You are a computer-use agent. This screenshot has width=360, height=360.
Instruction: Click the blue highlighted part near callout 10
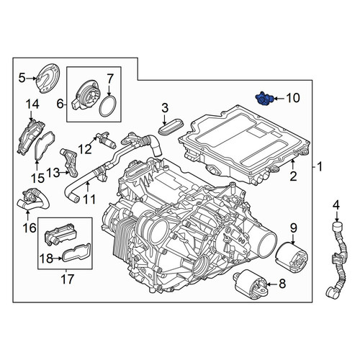pos(264,99)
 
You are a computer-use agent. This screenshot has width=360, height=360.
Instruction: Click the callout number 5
pos(22,78)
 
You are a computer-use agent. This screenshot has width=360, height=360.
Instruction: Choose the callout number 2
pos(293,176)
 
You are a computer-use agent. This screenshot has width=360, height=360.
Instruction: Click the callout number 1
pos(319,166)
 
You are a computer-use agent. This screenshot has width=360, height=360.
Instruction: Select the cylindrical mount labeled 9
pos(290,257)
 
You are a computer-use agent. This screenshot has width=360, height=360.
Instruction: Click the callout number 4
pos(336,205)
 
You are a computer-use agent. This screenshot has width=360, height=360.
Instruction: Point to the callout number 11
pos(89,199)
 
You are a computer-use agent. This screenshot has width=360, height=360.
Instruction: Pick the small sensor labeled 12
pos(107,141)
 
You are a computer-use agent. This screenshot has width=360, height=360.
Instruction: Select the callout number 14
pos(32,104)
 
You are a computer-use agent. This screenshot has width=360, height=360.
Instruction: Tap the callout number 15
pos(37,178)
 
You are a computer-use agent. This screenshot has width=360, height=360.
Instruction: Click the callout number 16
pos(30,228)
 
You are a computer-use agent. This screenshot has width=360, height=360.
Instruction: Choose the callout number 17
pos(67,279)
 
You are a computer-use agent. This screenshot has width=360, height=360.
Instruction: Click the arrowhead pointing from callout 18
pos(60,258)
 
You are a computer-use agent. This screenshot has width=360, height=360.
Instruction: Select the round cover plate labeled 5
pos(48,78)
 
